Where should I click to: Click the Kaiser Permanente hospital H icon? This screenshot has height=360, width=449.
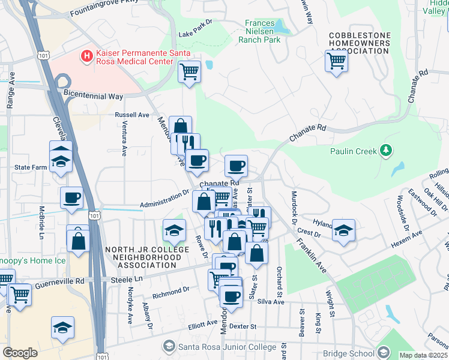point(87,56)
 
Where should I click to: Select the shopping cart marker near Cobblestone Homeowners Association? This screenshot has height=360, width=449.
point(336,61)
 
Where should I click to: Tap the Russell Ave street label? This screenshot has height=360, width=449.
point(131,115)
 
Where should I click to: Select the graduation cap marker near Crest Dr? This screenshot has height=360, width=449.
point(343,230)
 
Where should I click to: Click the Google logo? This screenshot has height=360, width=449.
point(20,353)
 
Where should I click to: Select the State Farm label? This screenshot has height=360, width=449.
point(31,167)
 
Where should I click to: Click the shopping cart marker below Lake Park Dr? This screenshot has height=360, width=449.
point(189,72)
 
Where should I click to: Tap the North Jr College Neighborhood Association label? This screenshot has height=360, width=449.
point(143,257)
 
